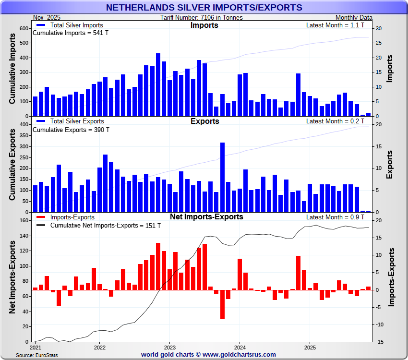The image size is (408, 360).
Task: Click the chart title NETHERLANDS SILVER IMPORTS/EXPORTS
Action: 204,7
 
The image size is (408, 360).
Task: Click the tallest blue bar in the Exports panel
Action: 222,177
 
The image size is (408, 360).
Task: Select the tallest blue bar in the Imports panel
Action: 158,84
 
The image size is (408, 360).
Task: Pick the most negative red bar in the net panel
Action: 222,304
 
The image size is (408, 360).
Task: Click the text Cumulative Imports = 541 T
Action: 71,33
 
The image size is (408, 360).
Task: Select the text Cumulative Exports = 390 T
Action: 71,130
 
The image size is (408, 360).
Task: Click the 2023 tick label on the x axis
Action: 170,347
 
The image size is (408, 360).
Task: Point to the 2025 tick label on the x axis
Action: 310,347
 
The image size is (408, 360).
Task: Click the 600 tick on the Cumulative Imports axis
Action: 24,28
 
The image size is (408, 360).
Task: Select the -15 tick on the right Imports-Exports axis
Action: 379,342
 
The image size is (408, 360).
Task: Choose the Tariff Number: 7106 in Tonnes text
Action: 202,18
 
